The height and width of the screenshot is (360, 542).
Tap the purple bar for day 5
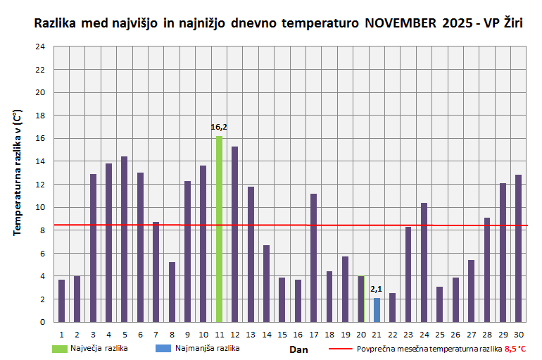[125, 240]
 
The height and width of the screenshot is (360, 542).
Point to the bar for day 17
[314, 258]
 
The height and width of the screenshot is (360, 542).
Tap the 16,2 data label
[219, 128]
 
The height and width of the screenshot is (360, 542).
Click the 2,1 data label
[377, 289]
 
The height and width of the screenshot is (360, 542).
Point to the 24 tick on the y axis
[40, 46]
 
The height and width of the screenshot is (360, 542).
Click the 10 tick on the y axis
[40, 207]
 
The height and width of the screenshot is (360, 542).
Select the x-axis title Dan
[298, 349]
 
